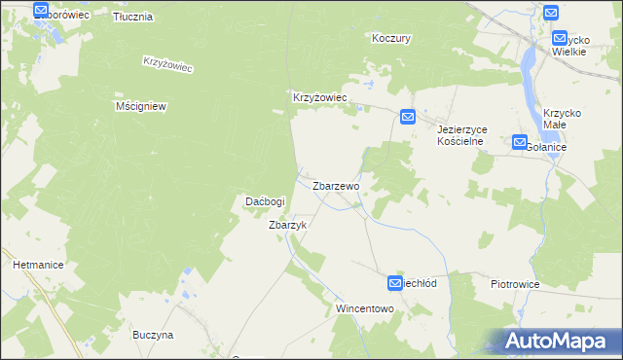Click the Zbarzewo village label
[x=336, y=185]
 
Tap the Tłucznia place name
[x=132, y=18]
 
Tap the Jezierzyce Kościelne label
[x=460, y=134]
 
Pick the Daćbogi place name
[x=264, y=201]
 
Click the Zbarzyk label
[x=287, y=225]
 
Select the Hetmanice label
[x=38, y=264]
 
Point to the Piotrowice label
[x=515, y=284]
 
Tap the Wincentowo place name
[x=364, y=308]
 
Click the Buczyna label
[x=153, y=335]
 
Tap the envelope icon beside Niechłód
[x=395, y=283]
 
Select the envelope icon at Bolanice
[x=519, y=142]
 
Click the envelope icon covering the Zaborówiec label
[x=41, y=11]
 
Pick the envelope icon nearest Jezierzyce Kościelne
[x=408, y=118]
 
